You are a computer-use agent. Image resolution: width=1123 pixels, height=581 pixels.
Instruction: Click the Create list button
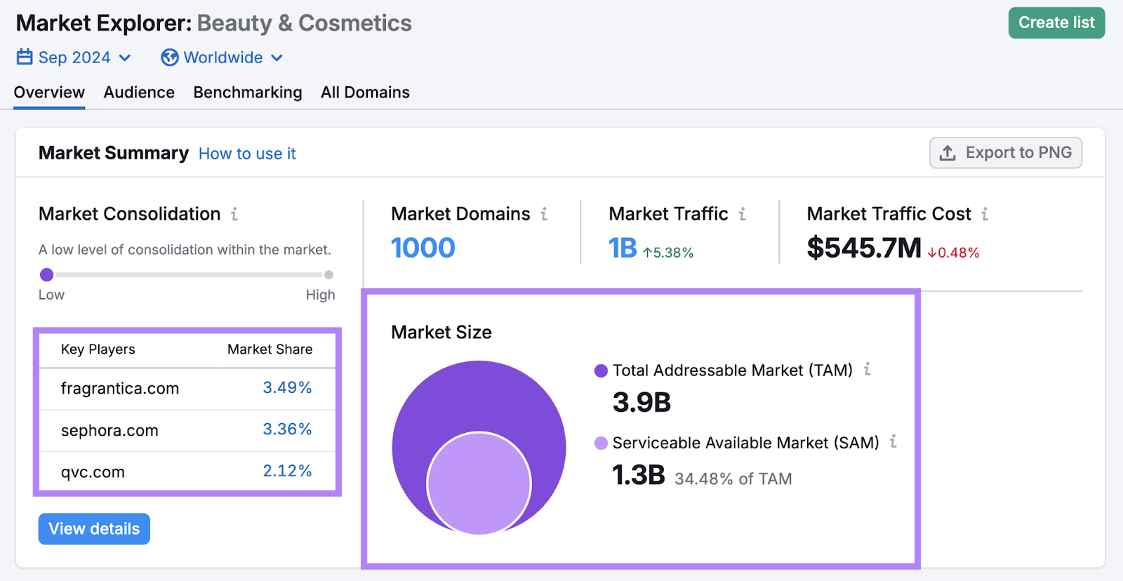[1056, 23]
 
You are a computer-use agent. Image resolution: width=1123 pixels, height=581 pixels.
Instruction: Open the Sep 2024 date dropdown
[74, 58]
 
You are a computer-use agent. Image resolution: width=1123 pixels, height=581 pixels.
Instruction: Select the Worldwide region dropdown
[222, 58]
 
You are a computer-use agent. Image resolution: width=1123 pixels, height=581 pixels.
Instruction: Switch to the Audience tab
[139, 93]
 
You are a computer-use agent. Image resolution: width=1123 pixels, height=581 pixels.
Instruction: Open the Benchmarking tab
[248, 93]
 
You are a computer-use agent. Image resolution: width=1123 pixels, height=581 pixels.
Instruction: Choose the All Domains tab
[365, 93]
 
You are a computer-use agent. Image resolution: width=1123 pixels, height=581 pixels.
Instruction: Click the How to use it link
[247, 154]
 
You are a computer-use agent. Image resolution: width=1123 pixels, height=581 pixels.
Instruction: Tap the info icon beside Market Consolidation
[234, 214]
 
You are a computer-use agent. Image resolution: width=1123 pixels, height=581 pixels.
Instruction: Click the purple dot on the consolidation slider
[47, 274]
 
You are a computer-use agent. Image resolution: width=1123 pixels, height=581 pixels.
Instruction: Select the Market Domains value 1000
[423, 248]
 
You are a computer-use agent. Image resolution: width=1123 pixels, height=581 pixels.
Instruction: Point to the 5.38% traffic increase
[668, 253]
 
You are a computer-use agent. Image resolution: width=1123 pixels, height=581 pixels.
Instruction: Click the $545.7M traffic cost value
[863, 248]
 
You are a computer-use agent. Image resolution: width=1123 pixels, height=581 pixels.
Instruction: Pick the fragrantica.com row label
[120, 388]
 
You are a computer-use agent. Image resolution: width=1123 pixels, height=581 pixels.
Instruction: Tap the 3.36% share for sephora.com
[287, 429]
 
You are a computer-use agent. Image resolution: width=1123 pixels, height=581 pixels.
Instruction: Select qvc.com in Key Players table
[93, 472]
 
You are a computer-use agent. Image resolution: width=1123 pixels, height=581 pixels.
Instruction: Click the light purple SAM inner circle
[479, 483]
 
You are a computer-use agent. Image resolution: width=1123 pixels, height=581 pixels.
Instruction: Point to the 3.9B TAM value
[642, 403]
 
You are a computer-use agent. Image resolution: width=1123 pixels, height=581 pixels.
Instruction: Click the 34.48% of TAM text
[733, 479]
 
